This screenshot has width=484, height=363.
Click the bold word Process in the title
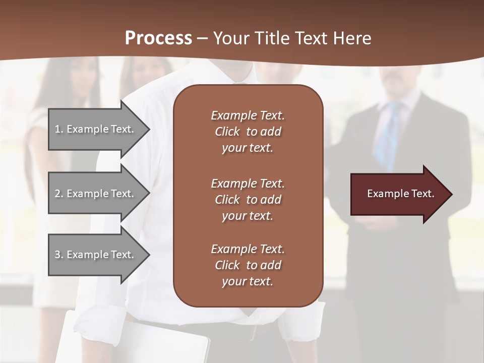[158, 38]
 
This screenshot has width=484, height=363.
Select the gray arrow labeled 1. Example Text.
[96, 129]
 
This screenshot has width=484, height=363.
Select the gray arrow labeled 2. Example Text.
[96, 194]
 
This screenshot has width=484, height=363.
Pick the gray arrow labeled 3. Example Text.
[96, 255]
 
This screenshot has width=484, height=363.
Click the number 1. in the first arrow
[59, 130]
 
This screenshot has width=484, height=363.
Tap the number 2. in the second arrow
[59, 194]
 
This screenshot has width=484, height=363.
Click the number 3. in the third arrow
[59, 255]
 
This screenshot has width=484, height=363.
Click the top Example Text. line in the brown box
[248, 115]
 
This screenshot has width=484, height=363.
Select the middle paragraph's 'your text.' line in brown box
[248, 216]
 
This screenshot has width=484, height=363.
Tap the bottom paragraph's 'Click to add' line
[248, 265]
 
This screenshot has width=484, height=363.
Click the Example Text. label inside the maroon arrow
[400, 194]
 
